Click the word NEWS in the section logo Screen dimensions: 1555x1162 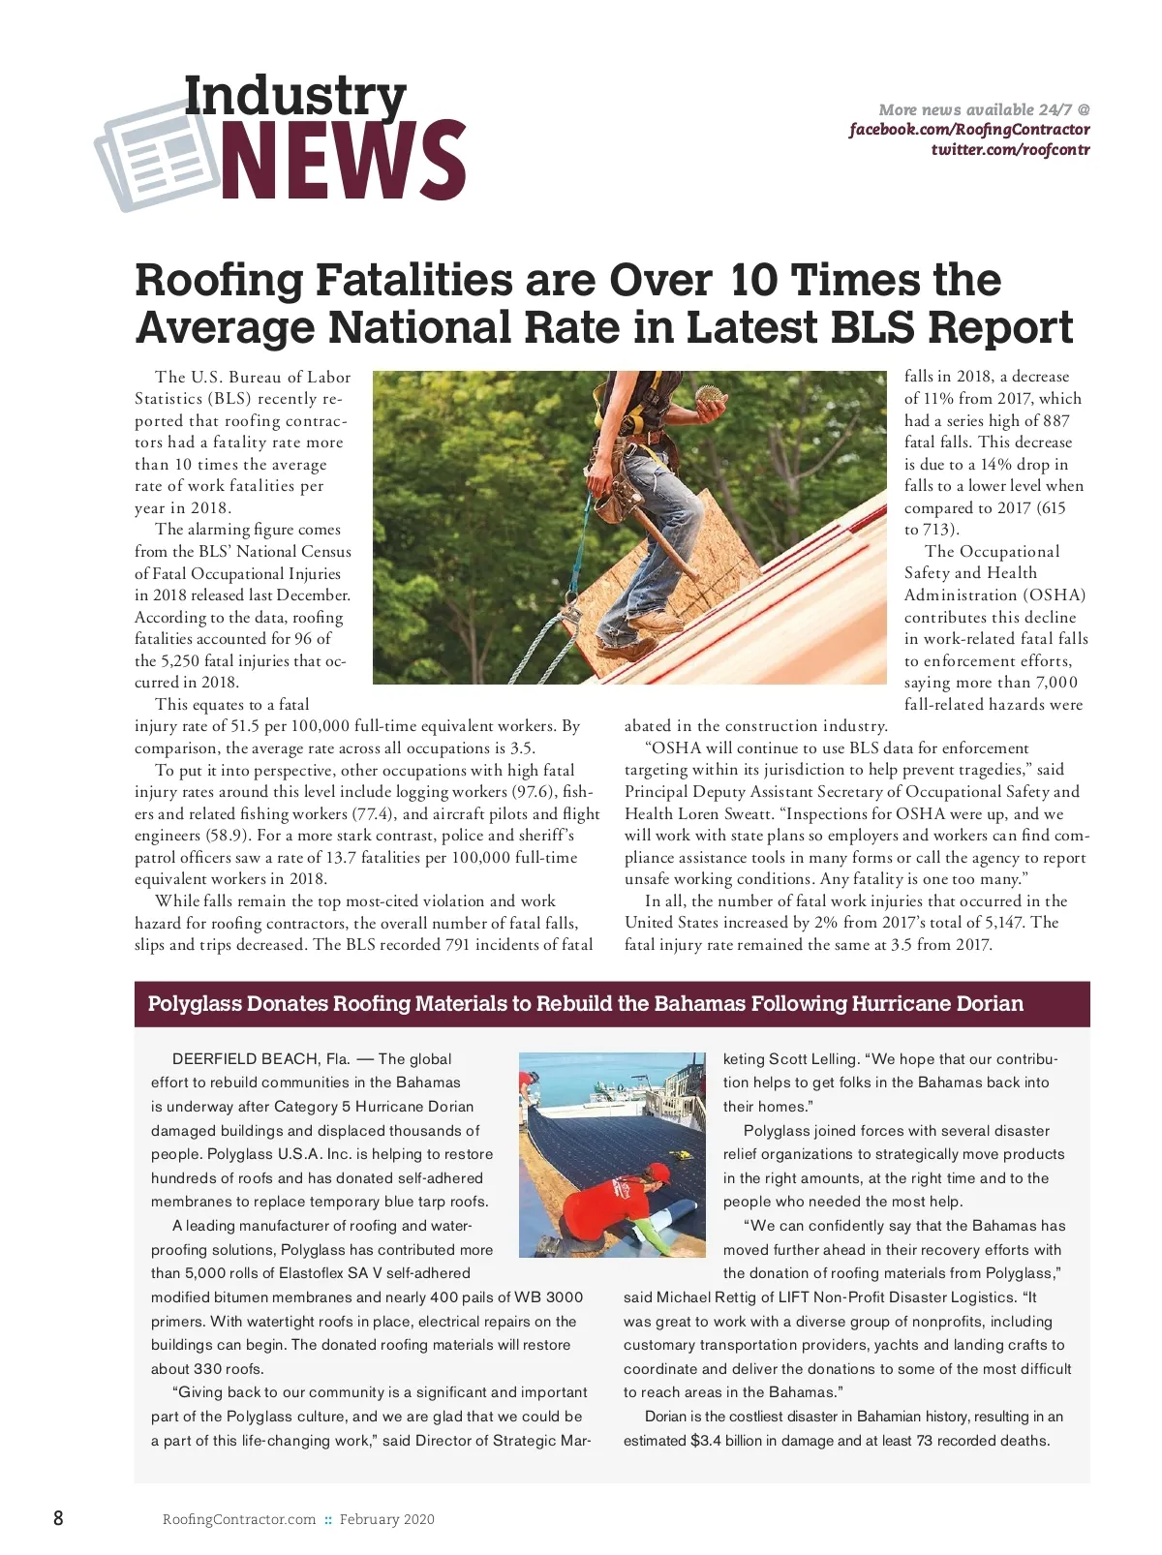click(344, 160)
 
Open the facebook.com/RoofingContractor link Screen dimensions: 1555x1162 click(969, 130)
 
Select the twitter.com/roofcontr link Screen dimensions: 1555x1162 click(1010, 150)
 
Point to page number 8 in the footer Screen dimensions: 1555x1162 click(58, 1517)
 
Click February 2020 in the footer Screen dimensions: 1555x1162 click(386, 1519)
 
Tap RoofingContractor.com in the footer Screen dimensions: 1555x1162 click(239, 1519)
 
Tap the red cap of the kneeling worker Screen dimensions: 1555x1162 click(658, 1173)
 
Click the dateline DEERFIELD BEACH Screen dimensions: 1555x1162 click(246, 1059)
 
